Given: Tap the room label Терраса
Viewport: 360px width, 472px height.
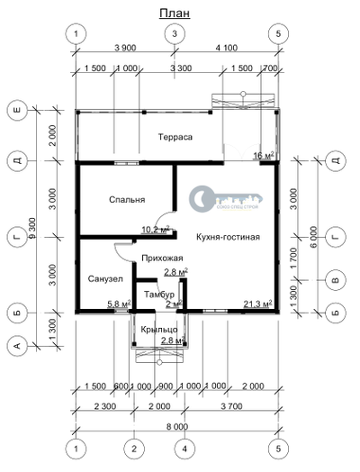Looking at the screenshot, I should point(175,137).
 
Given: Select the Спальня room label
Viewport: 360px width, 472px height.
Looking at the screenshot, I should point(127,199).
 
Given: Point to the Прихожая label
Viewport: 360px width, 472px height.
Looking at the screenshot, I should point(149,258).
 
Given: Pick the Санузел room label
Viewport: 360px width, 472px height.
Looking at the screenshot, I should point(104,280).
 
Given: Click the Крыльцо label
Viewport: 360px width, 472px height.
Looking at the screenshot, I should point(158,329).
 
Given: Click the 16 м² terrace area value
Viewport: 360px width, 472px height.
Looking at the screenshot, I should point(265,156).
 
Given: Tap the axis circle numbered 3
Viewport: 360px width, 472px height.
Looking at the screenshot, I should point(175,33).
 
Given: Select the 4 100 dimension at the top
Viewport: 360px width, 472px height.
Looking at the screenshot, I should point(227,48).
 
